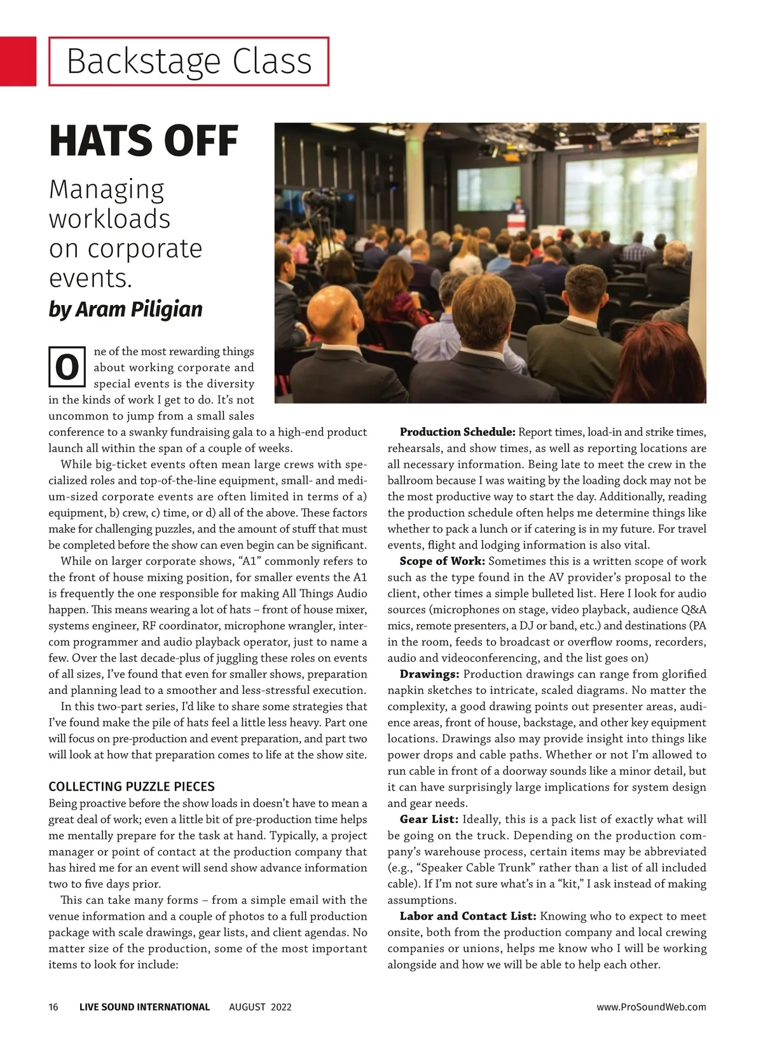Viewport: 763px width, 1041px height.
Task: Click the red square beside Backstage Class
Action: (x=18, y=61)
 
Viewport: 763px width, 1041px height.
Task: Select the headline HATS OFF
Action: (x=144, y=141)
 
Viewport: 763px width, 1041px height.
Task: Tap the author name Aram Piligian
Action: (x=139, y=309)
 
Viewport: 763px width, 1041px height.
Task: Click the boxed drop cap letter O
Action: (x=67, y=367)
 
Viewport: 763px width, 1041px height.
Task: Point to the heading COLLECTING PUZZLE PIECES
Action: (x=132, y=786)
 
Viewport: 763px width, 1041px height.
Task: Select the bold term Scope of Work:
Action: (x=442, y=561)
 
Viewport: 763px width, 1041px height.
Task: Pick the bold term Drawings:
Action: (x=429, y=674)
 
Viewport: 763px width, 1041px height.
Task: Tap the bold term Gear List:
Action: (x=429, y=819)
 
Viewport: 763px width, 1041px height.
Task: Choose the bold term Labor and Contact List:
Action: (x=468, y=916)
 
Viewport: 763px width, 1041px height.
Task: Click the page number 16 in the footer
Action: (x=53, y=1007)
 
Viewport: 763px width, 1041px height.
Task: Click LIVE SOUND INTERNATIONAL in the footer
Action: (x=144, y=1007)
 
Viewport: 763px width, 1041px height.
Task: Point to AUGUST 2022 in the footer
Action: (x=260, y=1007)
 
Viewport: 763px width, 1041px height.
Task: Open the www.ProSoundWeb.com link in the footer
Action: (x=651, y=1007)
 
